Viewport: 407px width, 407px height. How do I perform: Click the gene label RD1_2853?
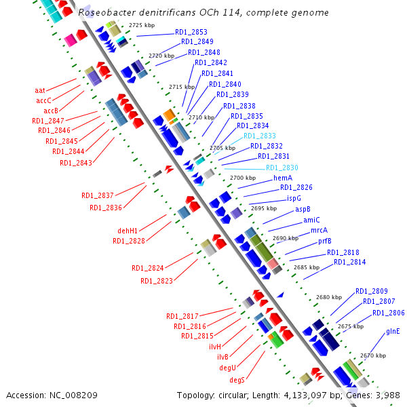click(x=191, y=32)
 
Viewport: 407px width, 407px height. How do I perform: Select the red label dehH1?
click(x=128, y=231)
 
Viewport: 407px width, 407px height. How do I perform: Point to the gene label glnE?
click(x=393, y=331)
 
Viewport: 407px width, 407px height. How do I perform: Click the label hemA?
click(x=283, y=177)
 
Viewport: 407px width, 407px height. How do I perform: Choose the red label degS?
click(x=237, y=379)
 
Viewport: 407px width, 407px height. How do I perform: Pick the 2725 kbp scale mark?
click(x=142, y=25)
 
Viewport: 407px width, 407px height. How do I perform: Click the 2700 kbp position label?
click(x=243, y=178)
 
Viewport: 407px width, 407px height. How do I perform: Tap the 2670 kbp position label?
click(x=373, y=355)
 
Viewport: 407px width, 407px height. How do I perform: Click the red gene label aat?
click(x=40, y=90)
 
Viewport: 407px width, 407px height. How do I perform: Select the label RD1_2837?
click(x=98, y=195)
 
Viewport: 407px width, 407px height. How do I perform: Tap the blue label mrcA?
click(x=319, y=230)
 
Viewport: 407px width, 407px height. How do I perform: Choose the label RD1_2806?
click(x=389, y=313)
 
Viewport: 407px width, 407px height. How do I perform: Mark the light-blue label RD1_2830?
click(x=282, y=168)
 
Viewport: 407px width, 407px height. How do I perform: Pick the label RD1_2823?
click(x=157, y=281)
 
